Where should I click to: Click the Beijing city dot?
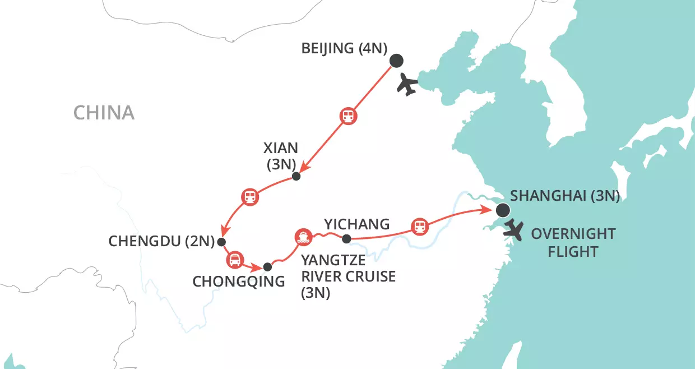coord(396,61)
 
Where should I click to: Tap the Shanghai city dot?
coord(503,210)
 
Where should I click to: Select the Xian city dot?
coord(296,176)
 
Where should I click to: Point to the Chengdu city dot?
coord(221,242)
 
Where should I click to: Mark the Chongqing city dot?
coord(267,266)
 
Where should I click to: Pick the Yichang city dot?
coord(346,239)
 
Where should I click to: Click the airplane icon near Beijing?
coord(407,85)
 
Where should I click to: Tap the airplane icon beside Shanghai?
coord(513,230)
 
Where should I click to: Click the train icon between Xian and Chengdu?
coord(250,197)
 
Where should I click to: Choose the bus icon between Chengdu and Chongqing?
coord(234,259)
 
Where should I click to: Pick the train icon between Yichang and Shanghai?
coord(419,227)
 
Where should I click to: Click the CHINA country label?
coord(104,113)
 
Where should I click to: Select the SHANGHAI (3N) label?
coord(565,196)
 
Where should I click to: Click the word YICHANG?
coord(356,224)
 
